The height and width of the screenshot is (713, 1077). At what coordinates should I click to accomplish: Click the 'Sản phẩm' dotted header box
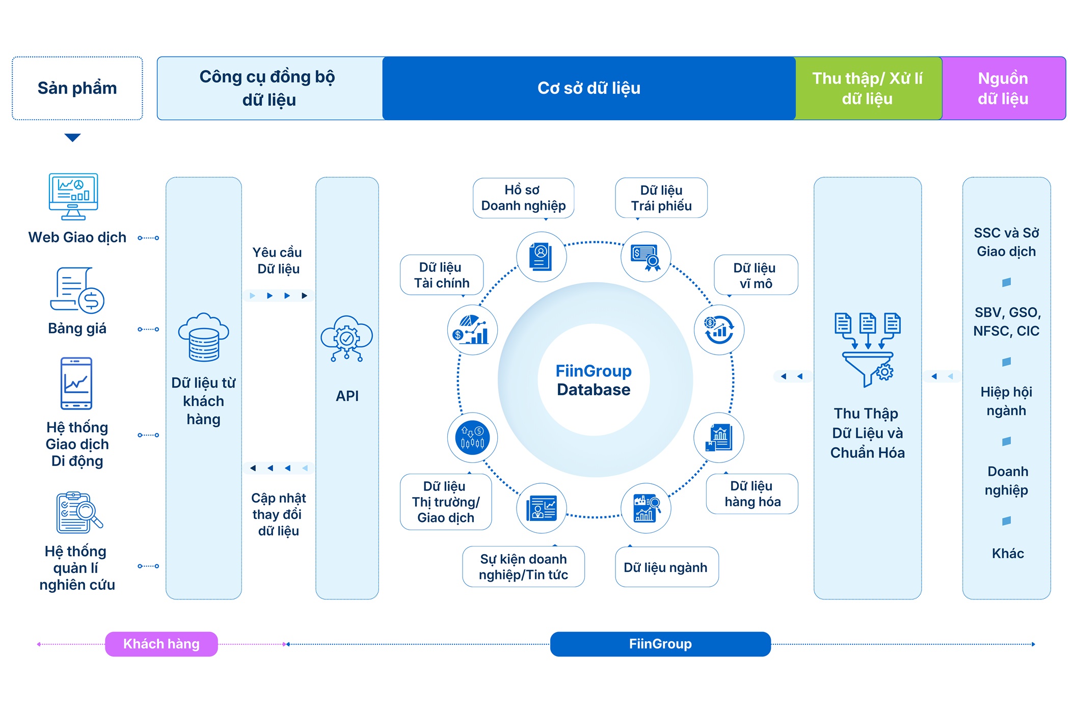[77, 88]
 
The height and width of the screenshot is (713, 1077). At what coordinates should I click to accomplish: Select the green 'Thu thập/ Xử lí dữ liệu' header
[868, 88]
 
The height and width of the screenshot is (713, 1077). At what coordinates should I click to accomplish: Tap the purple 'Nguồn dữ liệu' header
[1003, 88]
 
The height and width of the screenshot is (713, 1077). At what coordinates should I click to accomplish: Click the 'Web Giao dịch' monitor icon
[73, 197]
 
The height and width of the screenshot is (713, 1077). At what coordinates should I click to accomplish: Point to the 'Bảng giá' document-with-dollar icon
[77, 290]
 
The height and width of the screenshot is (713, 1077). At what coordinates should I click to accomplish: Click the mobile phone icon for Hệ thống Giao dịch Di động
[76, 383]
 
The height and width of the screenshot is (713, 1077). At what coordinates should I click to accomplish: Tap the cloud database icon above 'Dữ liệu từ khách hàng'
[203, 337]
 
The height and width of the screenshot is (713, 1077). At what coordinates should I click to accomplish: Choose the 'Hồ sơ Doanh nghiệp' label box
[523, 198]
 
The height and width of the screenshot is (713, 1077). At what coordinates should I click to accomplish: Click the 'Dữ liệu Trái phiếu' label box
[661, 198]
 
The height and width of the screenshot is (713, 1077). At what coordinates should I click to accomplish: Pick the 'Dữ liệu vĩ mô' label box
[756, 276]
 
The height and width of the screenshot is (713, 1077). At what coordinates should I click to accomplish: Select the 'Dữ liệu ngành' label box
[666, 567]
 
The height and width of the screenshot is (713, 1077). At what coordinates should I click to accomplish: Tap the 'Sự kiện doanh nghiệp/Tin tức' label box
[523, 567]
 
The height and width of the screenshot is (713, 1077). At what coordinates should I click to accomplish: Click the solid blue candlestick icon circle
[472, 437]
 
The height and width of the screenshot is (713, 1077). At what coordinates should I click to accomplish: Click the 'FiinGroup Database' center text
[594, 380]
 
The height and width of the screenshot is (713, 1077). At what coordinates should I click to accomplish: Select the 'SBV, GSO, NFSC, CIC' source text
[1006, 322]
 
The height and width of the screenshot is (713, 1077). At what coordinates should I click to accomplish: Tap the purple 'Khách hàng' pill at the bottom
[161, 644]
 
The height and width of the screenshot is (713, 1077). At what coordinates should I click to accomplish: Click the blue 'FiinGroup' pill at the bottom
[660, 644]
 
